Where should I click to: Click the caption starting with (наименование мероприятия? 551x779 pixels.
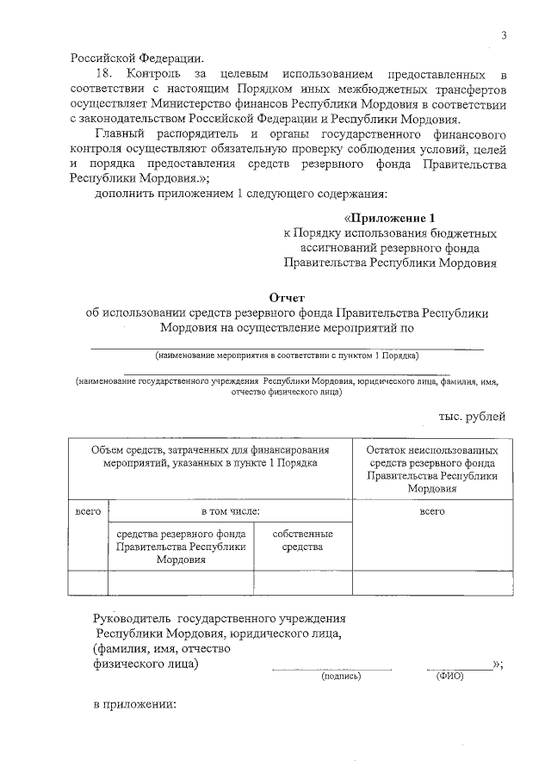(287, 355)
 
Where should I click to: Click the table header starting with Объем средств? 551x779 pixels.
(211, 456)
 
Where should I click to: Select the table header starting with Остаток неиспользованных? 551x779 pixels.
(431, 469)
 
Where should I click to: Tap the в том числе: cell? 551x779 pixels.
(230, 511)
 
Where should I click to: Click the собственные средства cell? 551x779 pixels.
(302, 541)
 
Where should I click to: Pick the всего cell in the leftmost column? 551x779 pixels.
(88, 511)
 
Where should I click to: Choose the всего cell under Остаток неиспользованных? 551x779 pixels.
(431, 511)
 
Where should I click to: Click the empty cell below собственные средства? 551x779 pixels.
(302, 583)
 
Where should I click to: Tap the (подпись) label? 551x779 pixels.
(341, 676)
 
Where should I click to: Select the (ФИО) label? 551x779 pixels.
(449, 676)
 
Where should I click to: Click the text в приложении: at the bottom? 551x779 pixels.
(134, 705)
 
